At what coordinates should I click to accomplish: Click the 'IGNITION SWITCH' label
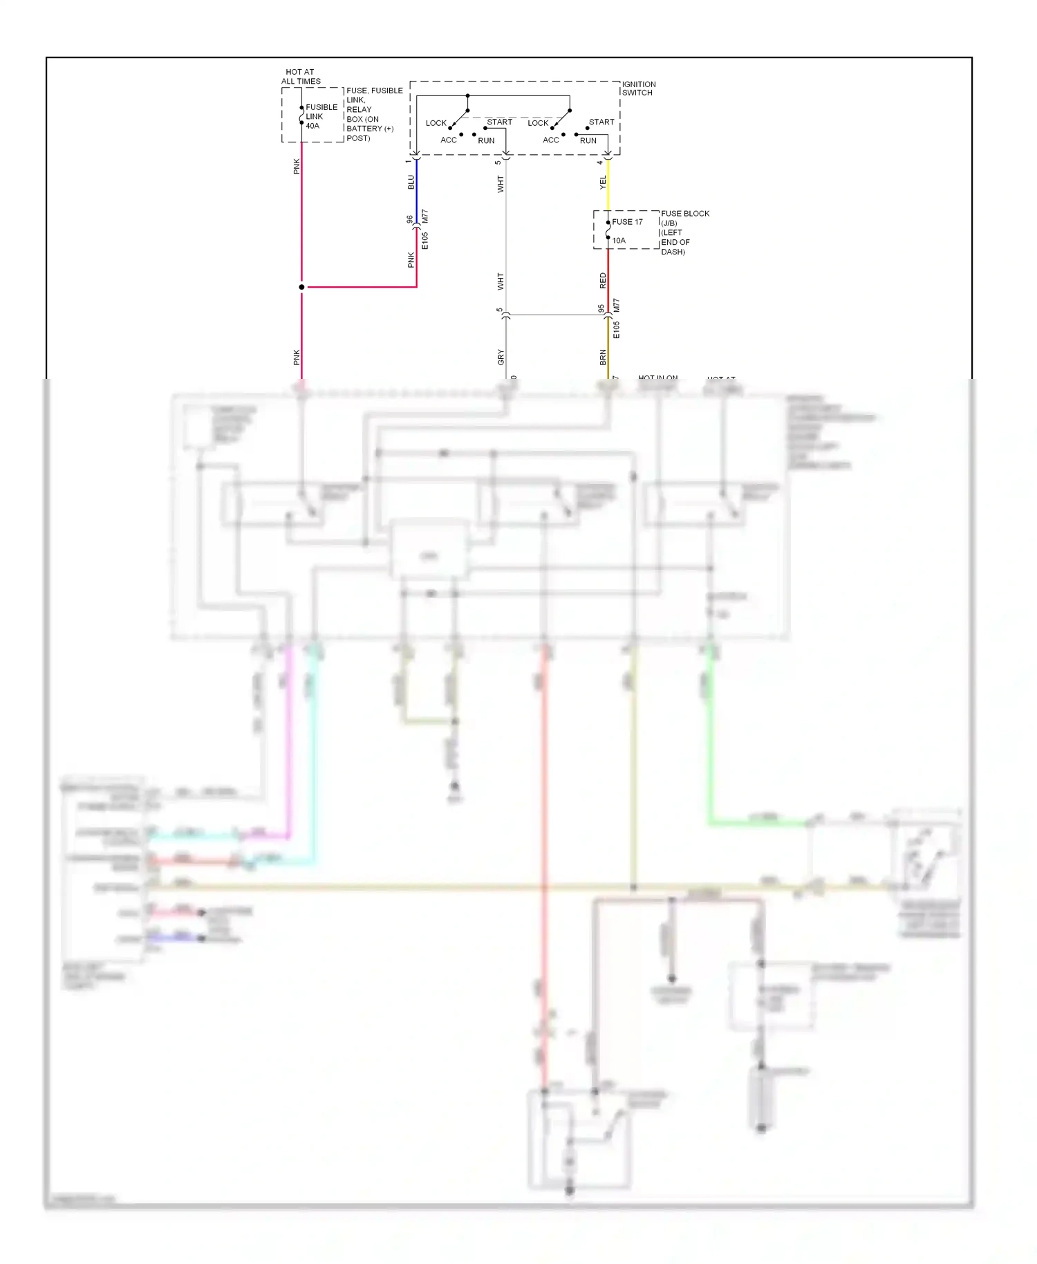638,89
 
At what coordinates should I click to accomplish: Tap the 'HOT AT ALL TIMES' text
301,76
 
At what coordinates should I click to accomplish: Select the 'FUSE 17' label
627,222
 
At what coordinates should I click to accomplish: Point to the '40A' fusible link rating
312,126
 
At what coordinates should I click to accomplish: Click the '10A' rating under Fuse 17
619,241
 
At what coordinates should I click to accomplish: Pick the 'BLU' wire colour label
411,182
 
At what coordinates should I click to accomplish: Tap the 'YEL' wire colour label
603,183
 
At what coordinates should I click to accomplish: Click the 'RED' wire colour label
603,281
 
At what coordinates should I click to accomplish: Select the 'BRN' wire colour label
603,357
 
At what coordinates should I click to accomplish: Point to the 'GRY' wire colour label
501,357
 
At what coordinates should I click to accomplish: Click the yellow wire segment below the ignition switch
608,185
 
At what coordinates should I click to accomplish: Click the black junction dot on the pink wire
301,287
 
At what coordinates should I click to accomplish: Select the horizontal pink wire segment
359,287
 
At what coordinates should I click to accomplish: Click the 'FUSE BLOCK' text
684,214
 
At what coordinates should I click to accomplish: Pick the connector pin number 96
410,220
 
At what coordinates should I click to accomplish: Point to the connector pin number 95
601,308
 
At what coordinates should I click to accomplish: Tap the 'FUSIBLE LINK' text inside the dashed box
321,112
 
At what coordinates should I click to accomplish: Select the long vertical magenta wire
289,740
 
